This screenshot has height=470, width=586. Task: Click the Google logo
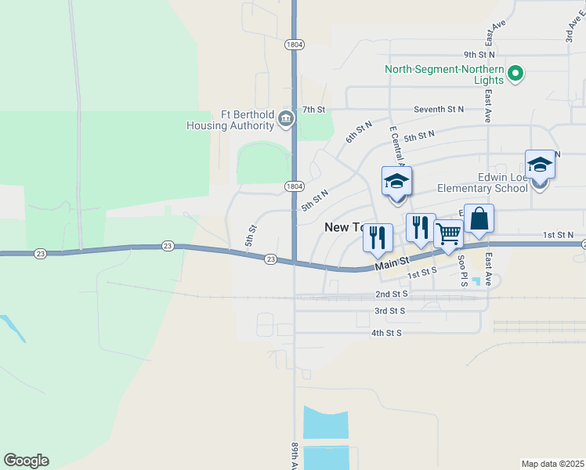(26, 461)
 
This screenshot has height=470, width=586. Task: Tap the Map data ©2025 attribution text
(553, 464)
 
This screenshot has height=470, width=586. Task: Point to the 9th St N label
(479, 55)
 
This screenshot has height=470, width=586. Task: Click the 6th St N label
(359, 132)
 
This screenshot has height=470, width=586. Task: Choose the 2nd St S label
(392, 294)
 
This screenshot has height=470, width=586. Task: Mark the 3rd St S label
(389, 311)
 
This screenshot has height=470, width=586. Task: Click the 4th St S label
(386, 333)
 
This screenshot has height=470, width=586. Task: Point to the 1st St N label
(559, 234)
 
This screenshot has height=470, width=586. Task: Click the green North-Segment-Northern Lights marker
(515, 75)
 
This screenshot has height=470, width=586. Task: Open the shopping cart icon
(448, 233)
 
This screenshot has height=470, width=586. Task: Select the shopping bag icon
(479, 219)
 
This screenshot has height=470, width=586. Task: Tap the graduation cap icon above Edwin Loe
(540, 164)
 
